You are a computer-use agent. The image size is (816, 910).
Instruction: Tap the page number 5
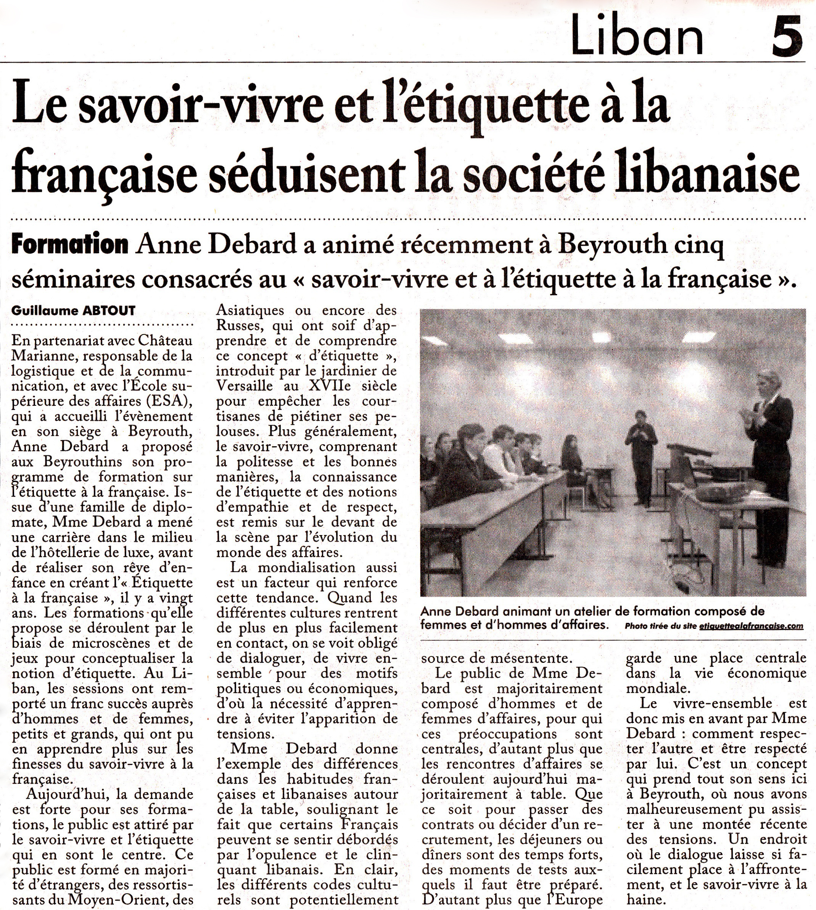coord(787,35)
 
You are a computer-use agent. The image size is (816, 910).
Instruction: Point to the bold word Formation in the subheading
coord(70,245)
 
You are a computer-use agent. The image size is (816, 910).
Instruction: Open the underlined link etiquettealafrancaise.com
coord(751,626)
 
